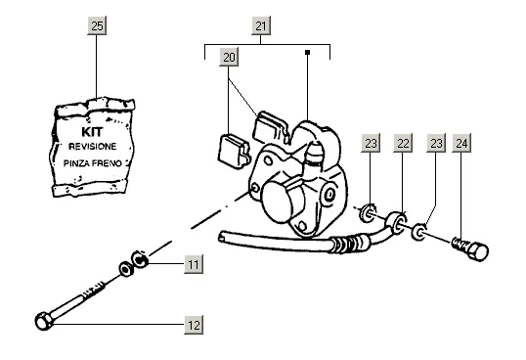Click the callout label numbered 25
click(x=97, y=25)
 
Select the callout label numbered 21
click(x=261, y=25)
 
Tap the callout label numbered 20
click(x=229, y=57)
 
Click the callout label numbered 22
click(x=403, y=143)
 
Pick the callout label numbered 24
click(x=461, y=143)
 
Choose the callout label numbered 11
click(x=194, y=264)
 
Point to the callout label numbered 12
click(x=194, y=325)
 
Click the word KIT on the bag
click(x=92, y=132)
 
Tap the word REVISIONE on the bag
click(x=93, y=147)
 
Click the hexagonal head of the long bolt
click(x=44, y=321)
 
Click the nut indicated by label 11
click(x=140, y=259)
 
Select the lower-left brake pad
click(x=234, y=152)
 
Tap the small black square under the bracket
click(x=307, y=53)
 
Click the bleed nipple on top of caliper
click(x=314, y=155)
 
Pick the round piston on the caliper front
click(x=278, y=202)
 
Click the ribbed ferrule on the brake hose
click(x=349, y=244)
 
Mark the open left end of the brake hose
click(x=222, y=236)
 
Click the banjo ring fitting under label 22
click(x=397, y=222)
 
